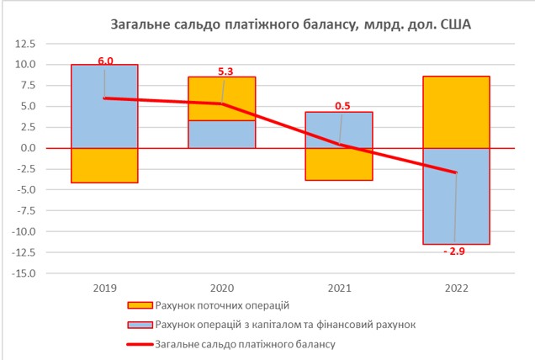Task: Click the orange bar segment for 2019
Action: (x=104, y=165)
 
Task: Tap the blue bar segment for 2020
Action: (x=222, y=135)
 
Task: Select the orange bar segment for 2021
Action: (x=339, y=164)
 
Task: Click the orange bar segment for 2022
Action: (x=455, y=112)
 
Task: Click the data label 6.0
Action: (x=104, y=60)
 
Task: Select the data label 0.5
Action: (x=342, y=107)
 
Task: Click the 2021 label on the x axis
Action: (x=339, y=288)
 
